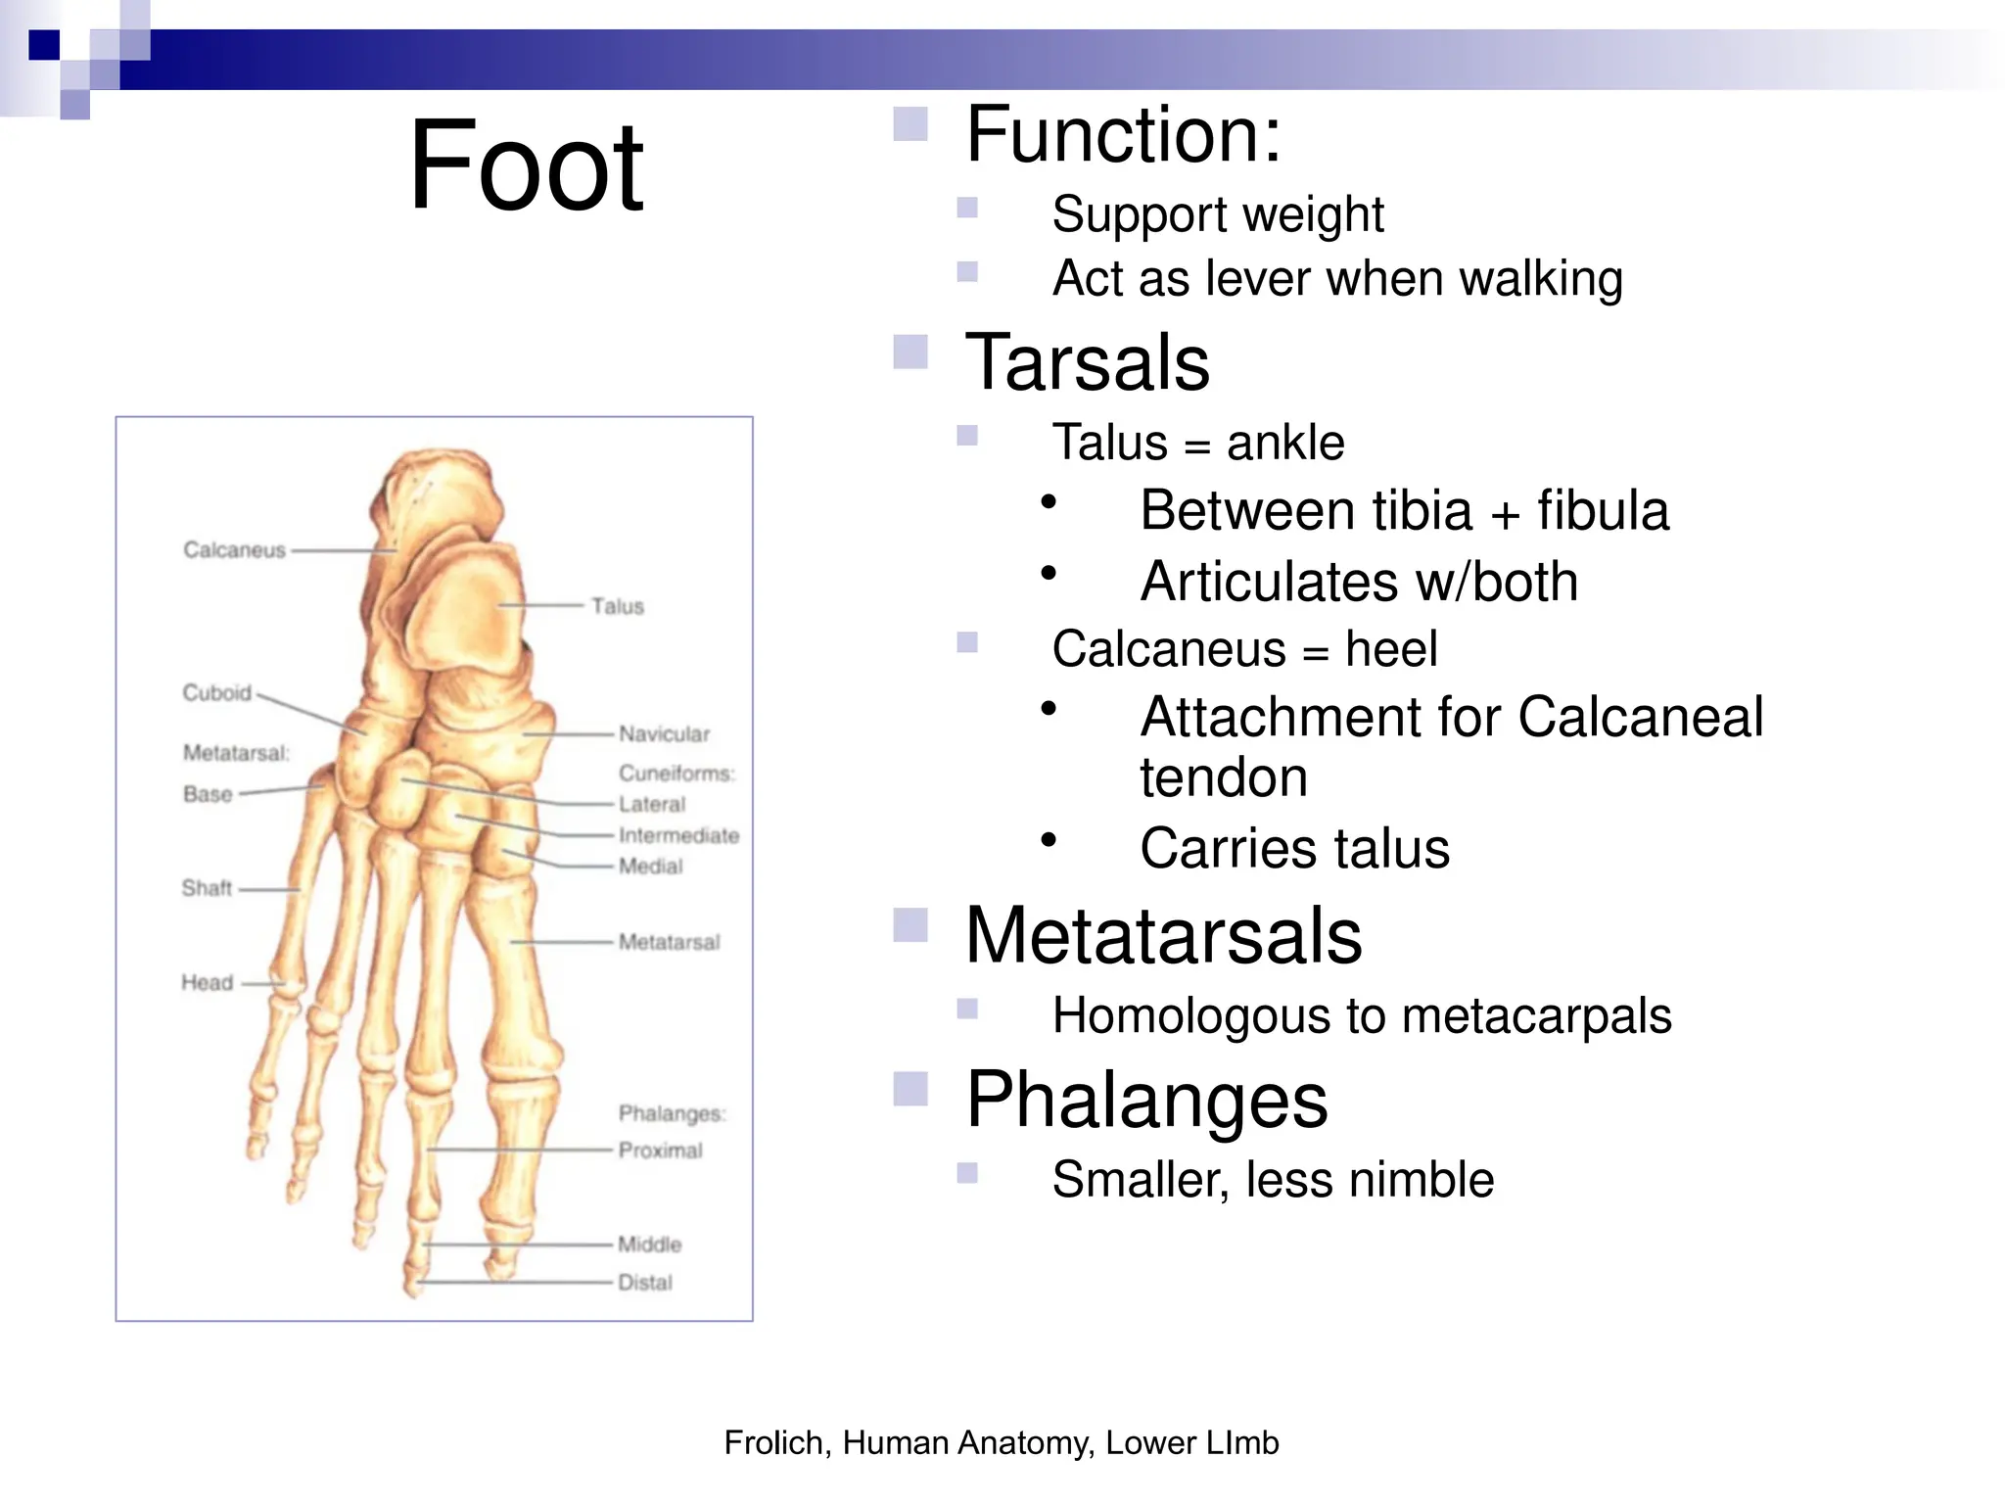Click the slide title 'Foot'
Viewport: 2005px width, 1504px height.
coord(526,166)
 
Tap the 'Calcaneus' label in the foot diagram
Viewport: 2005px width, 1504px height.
coord(234,550)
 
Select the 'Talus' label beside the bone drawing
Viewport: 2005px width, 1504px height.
coord(618,606)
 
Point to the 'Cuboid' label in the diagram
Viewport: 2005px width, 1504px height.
coord(216,693)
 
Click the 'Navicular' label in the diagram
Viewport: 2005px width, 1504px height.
coord(664,733)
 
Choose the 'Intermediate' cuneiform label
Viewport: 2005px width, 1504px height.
coord(678,835)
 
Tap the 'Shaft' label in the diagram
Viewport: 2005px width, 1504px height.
coord(207,888)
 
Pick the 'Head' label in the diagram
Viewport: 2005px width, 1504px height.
coord(207,982)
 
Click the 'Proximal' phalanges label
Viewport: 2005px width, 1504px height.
coord(660,1150)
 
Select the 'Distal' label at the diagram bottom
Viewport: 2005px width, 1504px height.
coord(645,1282)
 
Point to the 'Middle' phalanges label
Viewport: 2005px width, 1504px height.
coord(649,1245)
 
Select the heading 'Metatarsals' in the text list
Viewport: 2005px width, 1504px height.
coord(1163,935)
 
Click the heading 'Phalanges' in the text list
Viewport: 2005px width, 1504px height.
coord(1146,1100)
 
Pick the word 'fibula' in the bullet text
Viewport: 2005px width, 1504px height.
coord(1603,511)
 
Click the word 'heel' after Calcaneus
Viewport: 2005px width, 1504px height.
coord(1391,649)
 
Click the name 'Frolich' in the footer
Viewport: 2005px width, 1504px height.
coord(776,1442)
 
